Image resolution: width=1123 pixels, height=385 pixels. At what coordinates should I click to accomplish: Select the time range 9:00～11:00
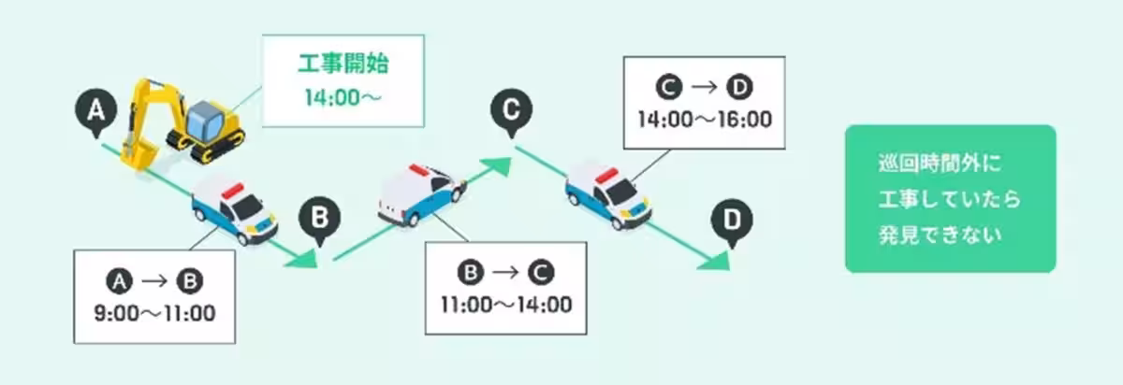pyautogui.click(x=155, y=311)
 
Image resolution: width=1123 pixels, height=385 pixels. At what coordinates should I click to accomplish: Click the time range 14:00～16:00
pyautogui.click(x=704, y=119)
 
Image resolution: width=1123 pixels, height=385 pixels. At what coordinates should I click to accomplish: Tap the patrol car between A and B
pyautogui.click(x=234, y=210)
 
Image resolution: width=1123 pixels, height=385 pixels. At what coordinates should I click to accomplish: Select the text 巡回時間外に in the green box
pyautogui.click(x=926, y=165)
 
